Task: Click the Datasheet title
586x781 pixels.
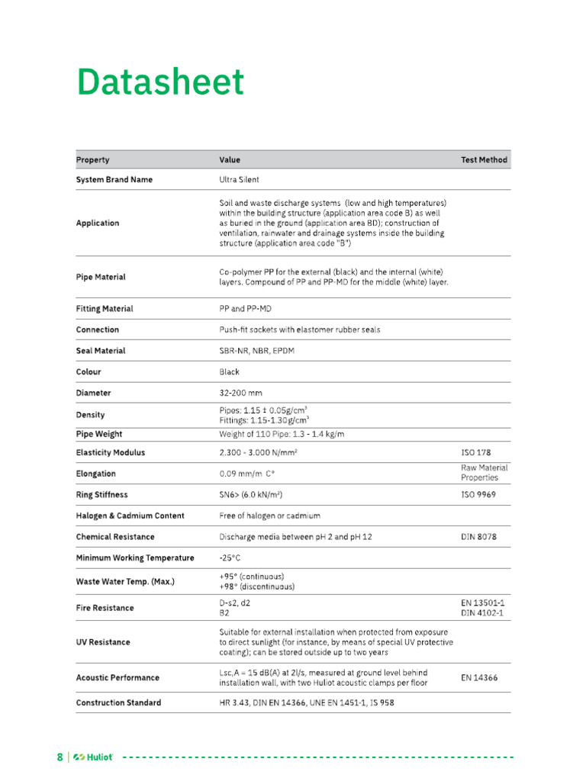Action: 160,82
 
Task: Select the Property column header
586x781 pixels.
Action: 92,160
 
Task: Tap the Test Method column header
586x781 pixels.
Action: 484,160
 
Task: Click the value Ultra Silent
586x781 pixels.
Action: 239,180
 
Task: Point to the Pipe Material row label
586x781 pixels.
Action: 101,277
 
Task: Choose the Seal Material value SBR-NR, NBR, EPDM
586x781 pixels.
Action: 259,351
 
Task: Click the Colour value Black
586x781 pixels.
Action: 229,372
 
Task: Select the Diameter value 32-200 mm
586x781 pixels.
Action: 240,393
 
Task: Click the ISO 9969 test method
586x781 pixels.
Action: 479,494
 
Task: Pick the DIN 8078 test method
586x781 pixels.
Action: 478,537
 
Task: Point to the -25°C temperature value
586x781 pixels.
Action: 230,558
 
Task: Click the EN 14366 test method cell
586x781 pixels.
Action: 478,677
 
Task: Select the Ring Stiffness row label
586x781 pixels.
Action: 101,494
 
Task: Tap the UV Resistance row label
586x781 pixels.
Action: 103,642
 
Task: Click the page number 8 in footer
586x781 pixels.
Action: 60,757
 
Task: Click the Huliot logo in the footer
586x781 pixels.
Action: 93,757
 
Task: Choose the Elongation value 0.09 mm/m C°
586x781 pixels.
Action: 246,474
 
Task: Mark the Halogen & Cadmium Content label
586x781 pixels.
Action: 130,516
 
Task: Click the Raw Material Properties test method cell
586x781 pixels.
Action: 484,473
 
